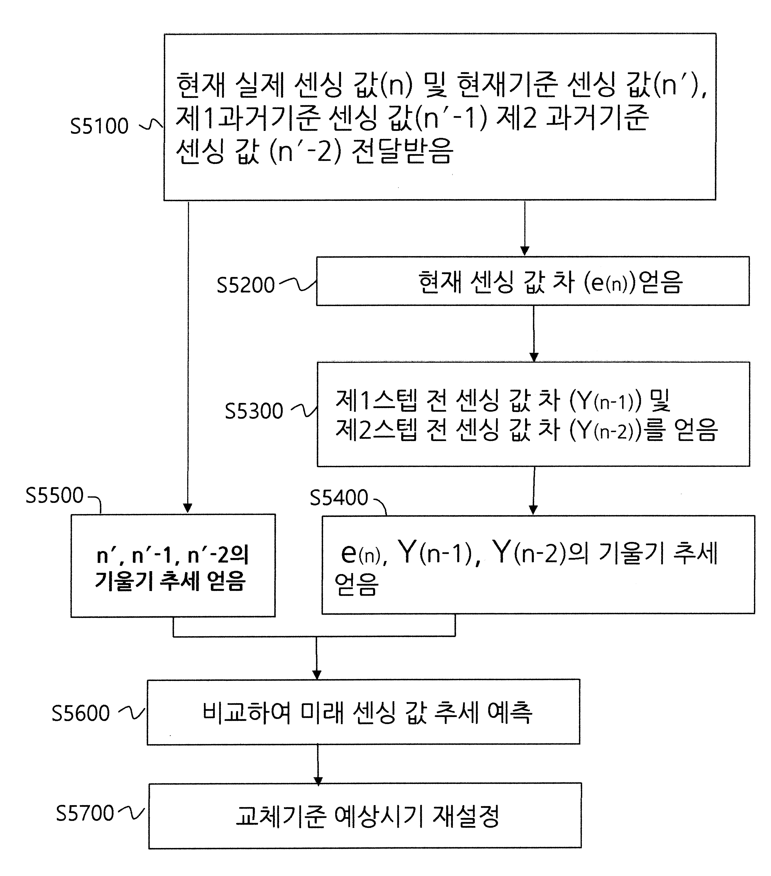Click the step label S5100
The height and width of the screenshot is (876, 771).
click(99, 126)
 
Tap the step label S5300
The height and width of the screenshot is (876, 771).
click(254, 411)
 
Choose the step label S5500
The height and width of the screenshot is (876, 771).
click(54, 495)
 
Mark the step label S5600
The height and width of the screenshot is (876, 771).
click(81, 713)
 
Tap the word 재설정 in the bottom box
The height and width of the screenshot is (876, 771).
click(466, 816)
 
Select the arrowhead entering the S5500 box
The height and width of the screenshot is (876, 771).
click(188, 508)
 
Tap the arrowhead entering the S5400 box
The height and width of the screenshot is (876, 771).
click(533, 510)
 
